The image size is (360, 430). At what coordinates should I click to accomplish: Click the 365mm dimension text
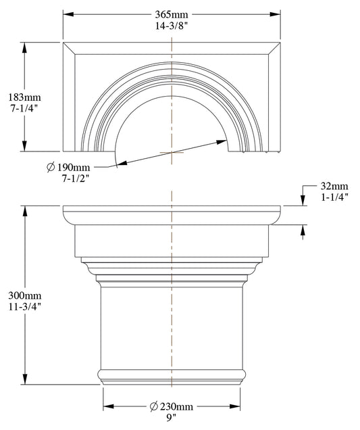(x=172, y=14)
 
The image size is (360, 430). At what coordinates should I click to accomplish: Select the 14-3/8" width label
(x=172, y=26)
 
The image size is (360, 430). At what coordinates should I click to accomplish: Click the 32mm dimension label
(x=334, y=186)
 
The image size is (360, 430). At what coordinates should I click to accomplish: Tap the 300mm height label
(x=24, y=296)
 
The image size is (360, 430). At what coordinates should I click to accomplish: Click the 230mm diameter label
(x=176, y=407)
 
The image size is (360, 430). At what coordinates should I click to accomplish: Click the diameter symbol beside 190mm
(x=51, y=167)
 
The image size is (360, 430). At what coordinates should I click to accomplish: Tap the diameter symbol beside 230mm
(x=153, y=407)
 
